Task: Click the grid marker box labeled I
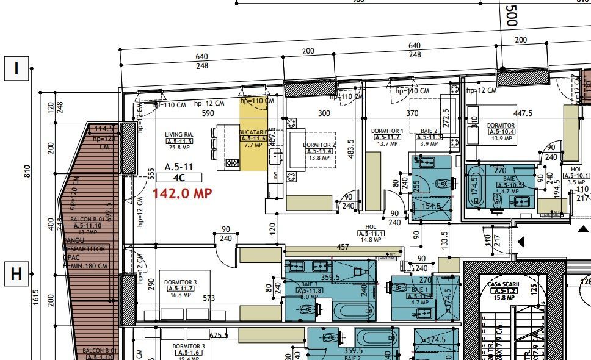tap(16, 68)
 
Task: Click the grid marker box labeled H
tap(16, 274)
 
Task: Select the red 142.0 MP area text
tap(181, 193)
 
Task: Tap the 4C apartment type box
tap(179, 178)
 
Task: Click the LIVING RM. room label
tap(179, 135)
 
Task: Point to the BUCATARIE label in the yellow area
tap(253, 132)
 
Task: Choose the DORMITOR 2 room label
tap(319, 145)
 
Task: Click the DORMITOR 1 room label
tap(387, 131)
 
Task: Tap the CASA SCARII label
tap(502, 285)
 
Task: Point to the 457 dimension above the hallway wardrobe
tap(343, 247)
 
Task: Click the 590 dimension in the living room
tap(208, 113)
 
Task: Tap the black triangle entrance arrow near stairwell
tap(521, 242)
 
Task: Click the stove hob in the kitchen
tap(232, 163)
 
